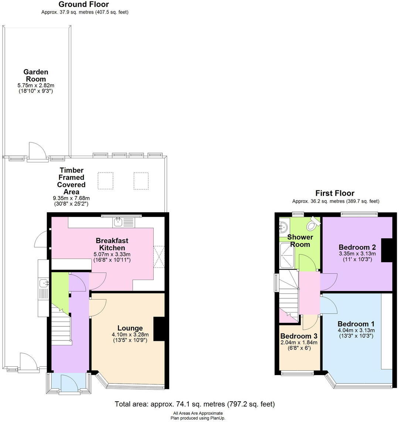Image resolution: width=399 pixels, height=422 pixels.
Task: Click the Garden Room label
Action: pos(36,75)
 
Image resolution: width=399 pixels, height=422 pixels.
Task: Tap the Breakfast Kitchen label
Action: pos(112,244)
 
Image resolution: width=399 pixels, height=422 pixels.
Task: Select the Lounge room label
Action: pos(130,328)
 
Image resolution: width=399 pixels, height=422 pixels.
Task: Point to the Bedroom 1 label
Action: pos(356,324)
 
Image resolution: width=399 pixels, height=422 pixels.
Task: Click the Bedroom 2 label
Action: pos(357,247)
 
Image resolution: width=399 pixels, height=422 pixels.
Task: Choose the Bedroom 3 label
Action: pos(299,336)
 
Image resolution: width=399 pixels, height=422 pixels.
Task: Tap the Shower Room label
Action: pos(300,241)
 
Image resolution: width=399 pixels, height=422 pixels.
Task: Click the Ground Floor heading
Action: pos(84,4)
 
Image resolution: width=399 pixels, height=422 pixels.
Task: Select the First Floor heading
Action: pos(335,193)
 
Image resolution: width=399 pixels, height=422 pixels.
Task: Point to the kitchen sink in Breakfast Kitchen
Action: pos(119,222)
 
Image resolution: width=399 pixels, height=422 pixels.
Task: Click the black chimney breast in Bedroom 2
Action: pos(387,250)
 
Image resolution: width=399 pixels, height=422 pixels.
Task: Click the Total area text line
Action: pos(195,404)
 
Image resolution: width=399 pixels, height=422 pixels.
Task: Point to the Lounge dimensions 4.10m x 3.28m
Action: pos(130,335)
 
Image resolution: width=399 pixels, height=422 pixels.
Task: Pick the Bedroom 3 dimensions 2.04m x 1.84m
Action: pos(299,342)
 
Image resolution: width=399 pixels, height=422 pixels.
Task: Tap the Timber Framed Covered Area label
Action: pos(72,181)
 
